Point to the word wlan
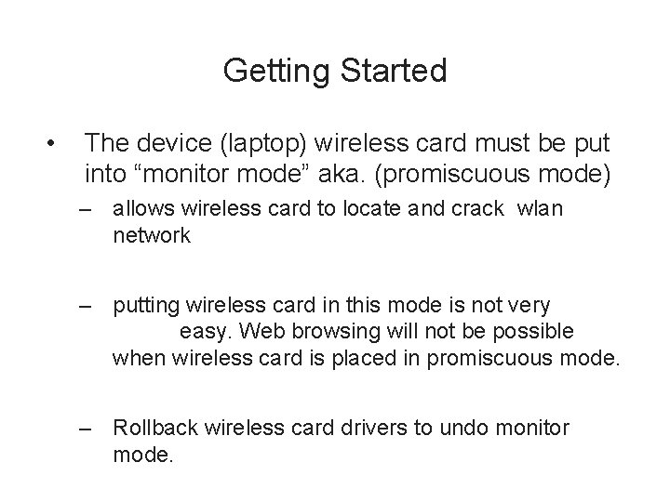pos(542,210)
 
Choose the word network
pos(151,236)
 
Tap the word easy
pos(206,332)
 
